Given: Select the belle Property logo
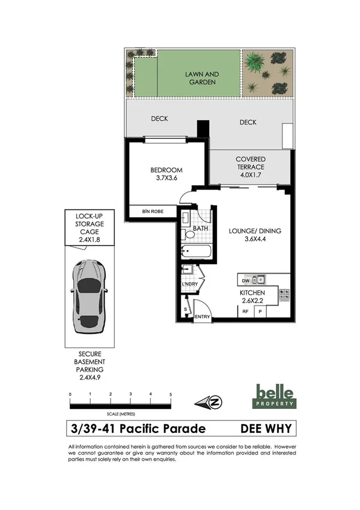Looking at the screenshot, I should pos(275,396).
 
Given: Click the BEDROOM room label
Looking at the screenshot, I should pos(166,171).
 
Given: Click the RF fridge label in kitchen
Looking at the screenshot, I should pos(245,312).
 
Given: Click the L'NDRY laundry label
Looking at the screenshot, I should pos(190,284).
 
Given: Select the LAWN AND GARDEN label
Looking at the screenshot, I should pos(201,78).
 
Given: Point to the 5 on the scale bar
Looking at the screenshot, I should pos(171,395).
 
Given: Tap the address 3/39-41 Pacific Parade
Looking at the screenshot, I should pos(138,429).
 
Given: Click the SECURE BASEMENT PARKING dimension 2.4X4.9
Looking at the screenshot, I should pos(88,378).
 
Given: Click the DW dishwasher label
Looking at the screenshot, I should pos(245,280).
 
